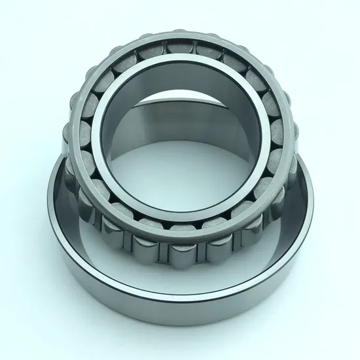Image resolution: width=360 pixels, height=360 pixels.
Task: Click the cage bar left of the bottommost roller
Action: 162,251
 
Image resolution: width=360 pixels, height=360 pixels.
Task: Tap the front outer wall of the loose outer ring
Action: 180,301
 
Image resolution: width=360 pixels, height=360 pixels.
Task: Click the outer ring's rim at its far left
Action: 50,216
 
